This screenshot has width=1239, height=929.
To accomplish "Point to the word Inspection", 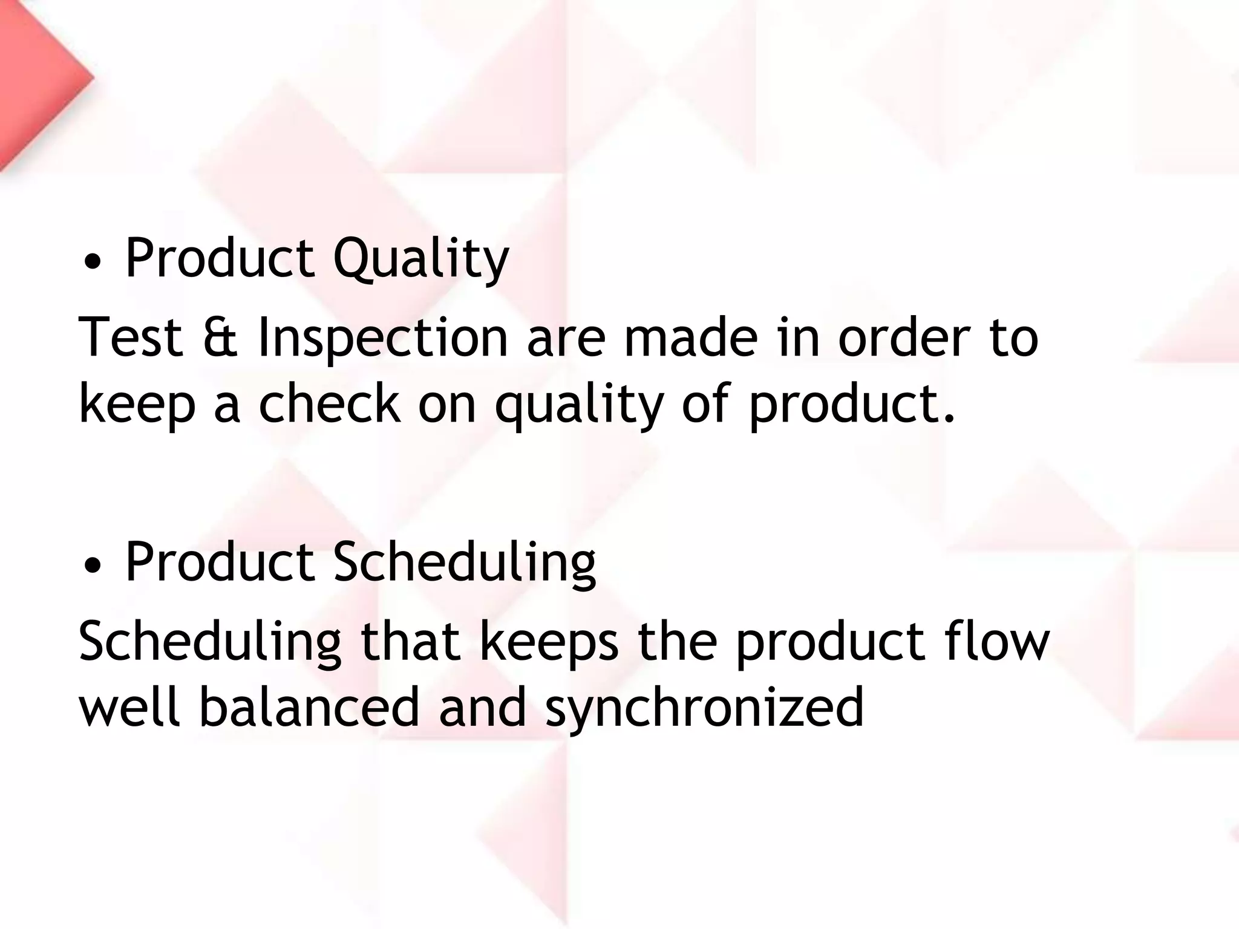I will (x=382, y=339).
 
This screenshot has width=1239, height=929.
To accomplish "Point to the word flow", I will (x=996, y=641).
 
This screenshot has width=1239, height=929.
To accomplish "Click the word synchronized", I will (x=704, y=709).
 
